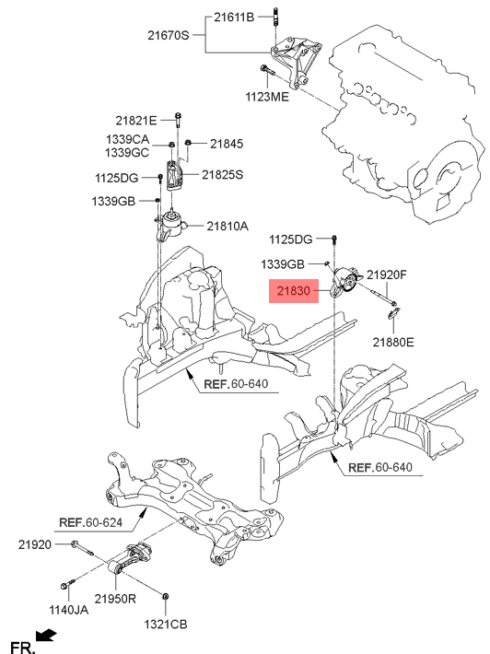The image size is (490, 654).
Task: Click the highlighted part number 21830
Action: (x=294, y=291)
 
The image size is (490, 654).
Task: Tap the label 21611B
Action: (x=234, y=18)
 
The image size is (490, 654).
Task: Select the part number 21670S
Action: (x=169, y=35)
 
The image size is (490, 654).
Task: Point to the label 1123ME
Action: (x=267, y=97)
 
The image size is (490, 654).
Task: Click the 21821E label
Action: (x=136, y=121)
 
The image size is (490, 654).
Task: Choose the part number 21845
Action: (x=227, y=144)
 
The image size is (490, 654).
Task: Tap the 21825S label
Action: (x=222, y=174)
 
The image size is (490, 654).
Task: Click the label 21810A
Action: (x=227, y=226)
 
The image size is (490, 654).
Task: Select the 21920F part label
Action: (x=387, y=274)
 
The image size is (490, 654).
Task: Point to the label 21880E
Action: (x=393, y=342)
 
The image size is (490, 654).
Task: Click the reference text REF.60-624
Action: (x=91, y=522)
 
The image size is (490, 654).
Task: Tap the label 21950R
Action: (x=115, y=599)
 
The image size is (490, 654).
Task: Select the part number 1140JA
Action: (x=69, y=610)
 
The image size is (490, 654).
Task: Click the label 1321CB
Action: (x=166, y=625)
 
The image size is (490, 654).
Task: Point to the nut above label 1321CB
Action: (x=165, y=596)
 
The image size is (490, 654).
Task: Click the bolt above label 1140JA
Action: (x=67, y=583)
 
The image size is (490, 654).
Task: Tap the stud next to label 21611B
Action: (x=275, y=17)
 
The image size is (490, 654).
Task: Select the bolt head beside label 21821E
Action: (x=178, y=115)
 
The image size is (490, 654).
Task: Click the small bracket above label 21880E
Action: (x=394, y=312)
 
